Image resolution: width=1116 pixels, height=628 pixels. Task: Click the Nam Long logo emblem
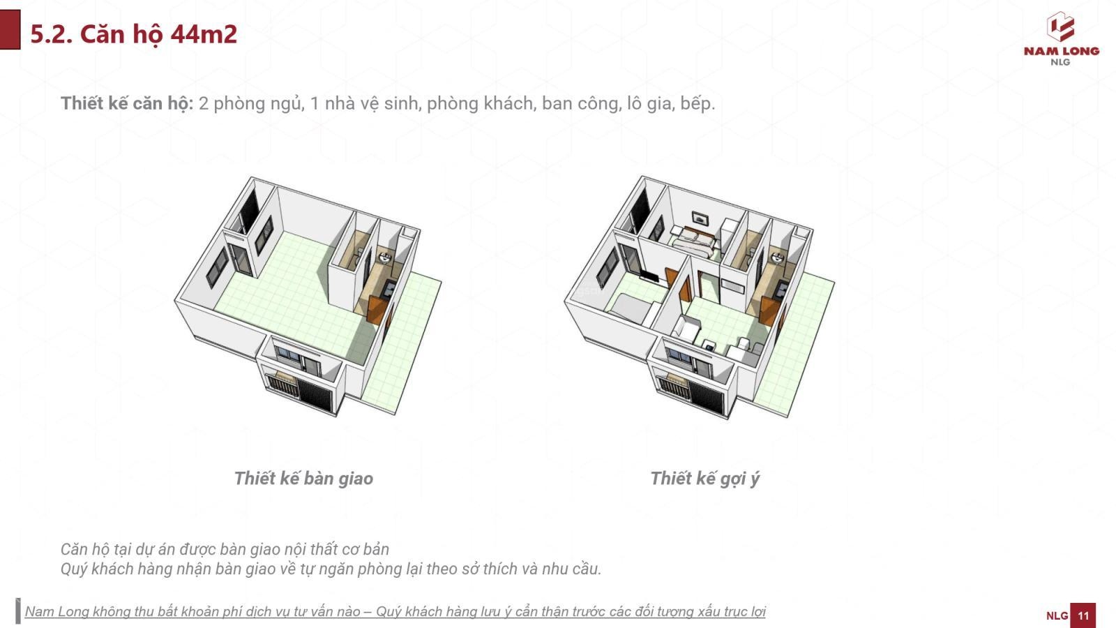click(1061, 27)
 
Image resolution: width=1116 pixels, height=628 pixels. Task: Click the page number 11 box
click(1083, 615)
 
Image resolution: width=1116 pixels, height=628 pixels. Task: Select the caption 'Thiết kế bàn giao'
click(303, 479)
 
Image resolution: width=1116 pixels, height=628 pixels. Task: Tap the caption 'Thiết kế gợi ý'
click(704, 479)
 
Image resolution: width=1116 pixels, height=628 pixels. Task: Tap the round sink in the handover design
click(384, 258)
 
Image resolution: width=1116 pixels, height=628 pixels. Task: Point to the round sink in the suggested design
click(777, 259)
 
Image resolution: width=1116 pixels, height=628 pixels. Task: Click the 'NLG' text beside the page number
click(1057, 615)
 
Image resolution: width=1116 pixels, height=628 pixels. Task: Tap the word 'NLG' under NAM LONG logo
click(1060, 62)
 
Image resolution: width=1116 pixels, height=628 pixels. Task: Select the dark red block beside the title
click(10, 29)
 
